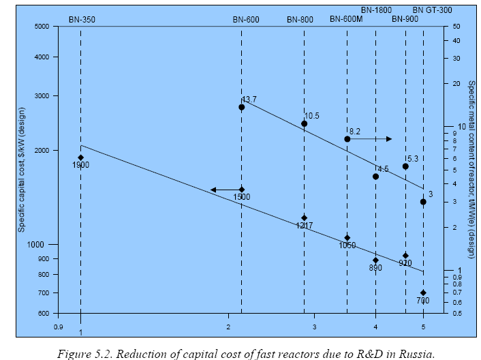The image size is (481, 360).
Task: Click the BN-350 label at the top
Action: tap(81, 19)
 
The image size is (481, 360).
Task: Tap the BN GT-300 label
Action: tap(433, 10)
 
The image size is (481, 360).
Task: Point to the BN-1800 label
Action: tap(376, 10)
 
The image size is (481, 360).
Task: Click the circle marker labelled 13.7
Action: tap(242, 107)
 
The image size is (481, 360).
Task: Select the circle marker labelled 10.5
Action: tap(304, 123)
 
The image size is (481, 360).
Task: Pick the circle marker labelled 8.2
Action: tap(347, 139)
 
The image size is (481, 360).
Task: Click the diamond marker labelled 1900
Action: tap(81, 157)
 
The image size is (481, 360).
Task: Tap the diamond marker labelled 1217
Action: tap(304, 218)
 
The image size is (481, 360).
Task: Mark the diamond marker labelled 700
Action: tap(423, 292)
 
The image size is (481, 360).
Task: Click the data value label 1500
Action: tap(242, 197)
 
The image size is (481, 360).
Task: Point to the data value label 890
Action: tap(375, 269)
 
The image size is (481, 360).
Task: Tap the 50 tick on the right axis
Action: tap(457, 27)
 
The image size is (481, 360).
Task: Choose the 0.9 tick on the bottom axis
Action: tap(58, 327)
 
